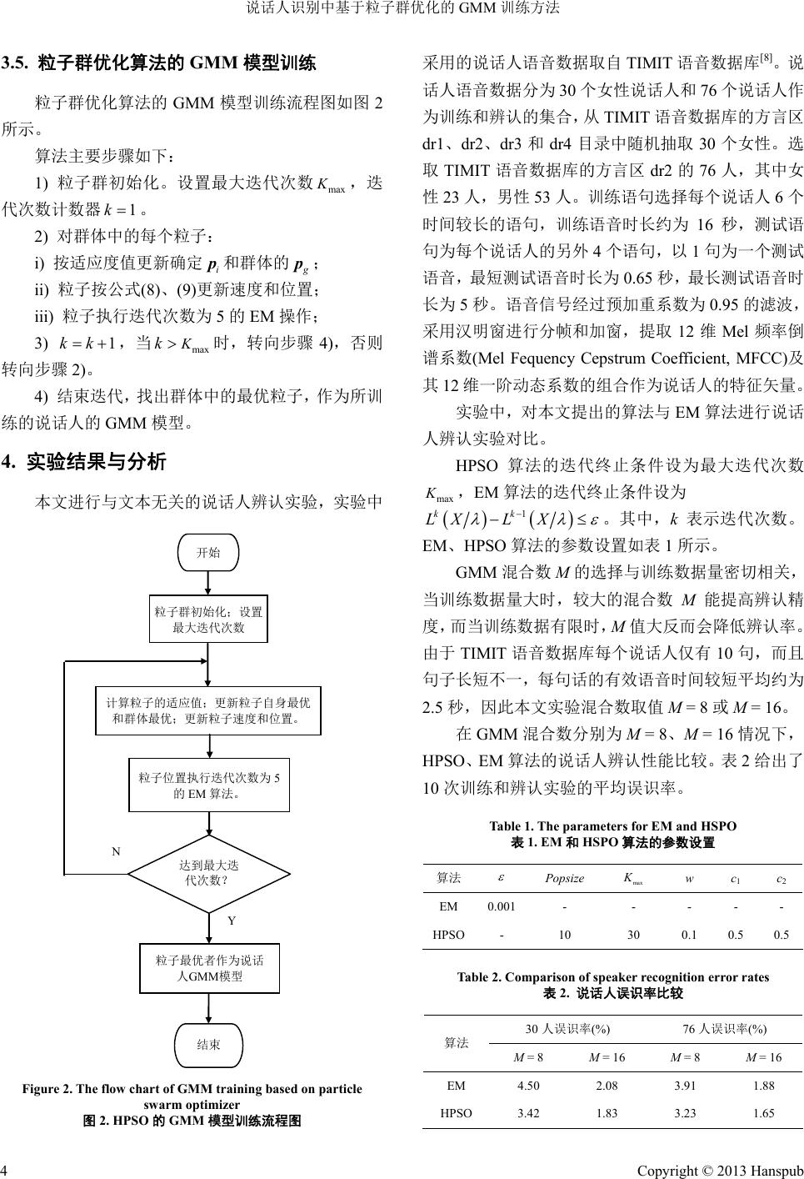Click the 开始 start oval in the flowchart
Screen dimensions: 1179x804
pos(207,551)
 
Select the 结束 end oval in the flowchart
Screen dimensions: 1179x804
pos(207,1044)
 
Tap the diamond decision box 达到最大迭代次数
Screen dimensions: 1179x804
pos(207,873)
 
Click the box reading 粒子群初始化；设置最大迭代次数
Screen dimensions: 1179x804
pos(207,619)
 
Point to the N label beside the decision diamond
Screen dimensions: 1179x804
pos(117,851)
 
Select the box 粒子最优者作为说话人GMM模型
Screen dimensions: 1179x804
pos(209,968)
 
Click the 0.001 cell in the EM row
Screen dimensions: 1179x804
pos(501,906)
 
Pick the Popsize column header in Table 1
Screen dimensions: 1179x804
pos(564,878)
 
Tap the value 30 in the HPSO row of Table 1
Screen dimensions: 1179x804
pos(633,935)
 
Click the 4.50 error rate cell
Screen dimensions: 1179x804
pos(528,1086)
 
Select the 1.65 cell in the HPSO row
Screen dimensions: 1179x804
pos(763,1112)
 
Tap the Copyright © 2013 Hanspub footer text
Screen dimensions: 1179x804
pos(720,1170)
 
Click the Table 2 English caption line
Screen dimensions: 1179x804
pos(612,977)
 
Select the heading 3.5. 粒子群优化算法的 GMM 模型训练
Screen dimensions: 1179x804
pos(158,63)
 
